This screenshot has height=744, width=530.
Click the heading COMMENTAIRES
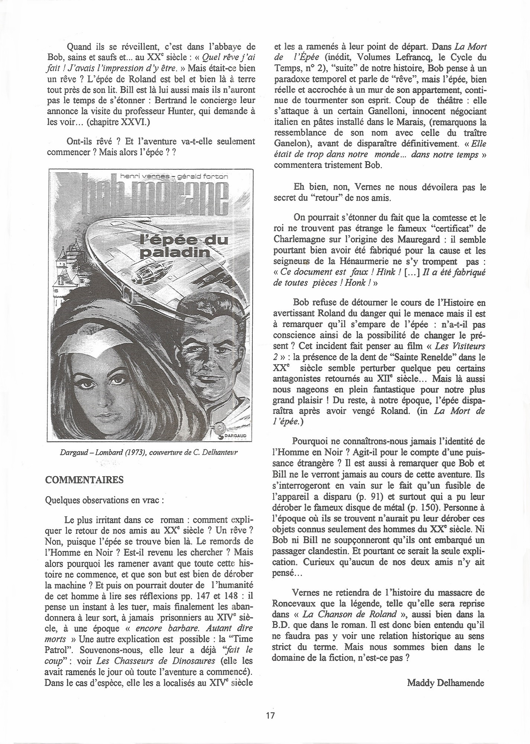click(84, 479)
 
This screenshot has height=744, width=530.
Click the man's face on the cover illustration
click(201, 357)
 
